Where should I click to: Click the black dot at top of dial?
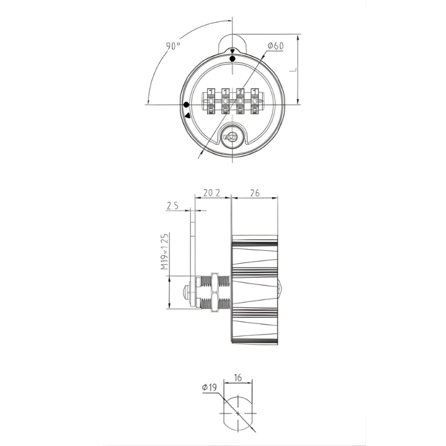pos(232,59)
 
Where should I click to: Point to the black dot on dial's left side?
pos(186,105)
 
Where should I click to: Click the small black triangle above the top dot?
pos(232,51)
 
